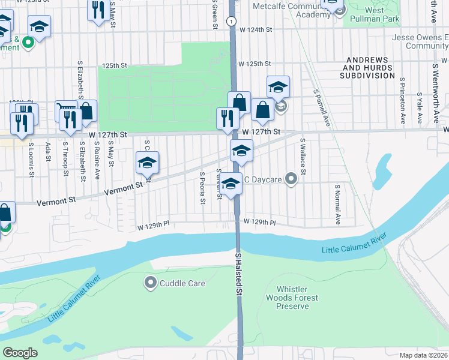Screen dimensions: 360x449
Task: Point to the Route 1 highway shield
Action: click(x=231, y=20)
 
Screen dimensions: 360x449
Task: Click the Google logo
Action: click(x=20, y=353)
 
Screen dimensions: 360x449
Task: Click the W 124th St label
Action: click(x=255, y=29)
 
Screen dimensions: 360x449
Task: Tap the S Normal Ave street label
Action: click(x=338, y=205)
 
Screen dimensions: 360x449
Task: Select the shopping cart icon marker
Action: click(x=67, y=110)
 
